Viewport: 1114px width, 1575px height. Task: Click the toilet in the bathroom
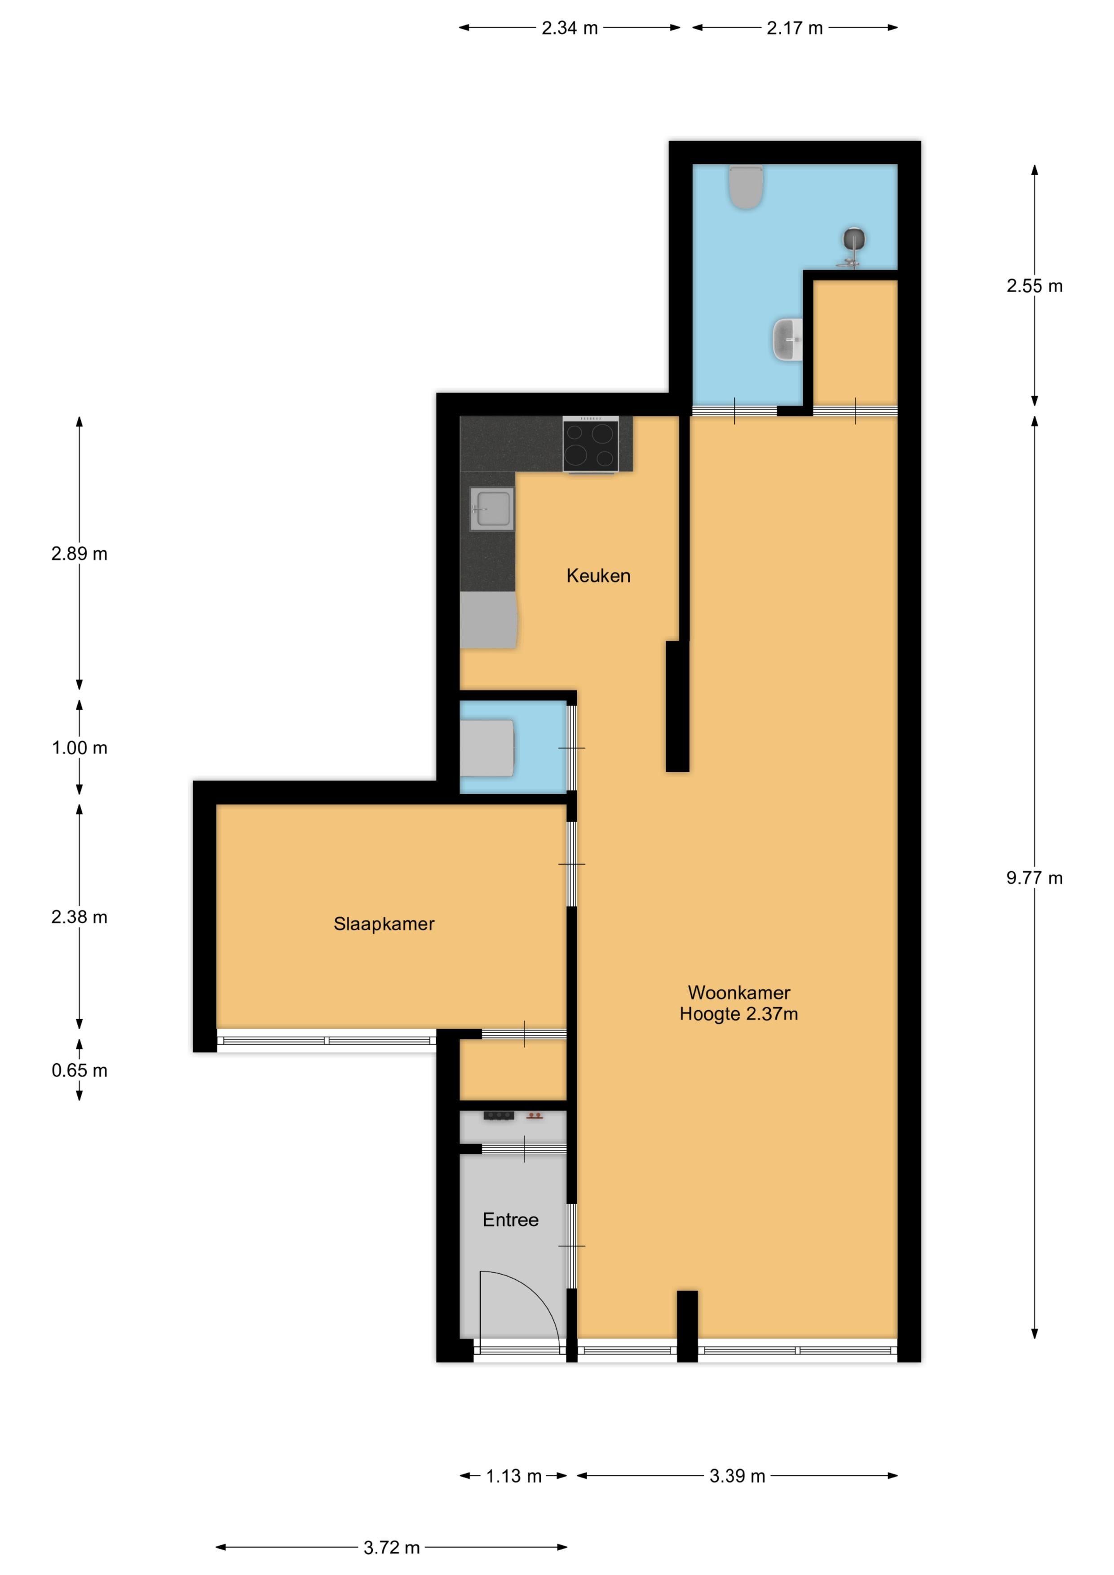746,187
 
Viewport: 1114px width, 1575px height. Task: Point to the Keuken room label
598,576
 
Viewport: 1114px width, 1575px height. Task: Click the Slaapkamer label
384,924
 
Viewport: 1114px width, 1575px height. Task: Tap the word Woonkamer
739,993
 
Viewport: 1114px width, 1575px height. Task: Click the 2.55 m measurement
1034,286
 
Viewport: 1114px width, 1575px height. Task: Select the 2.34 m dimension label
570,28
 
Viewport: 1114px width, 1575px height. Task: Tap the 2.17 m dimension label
795,28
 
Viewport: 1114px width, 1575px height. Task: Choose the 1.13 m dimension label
514,1476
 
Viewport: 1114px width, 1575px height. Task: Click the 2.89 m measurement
80,554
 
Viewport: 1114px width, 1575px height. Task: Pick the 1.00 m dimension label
80,748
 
